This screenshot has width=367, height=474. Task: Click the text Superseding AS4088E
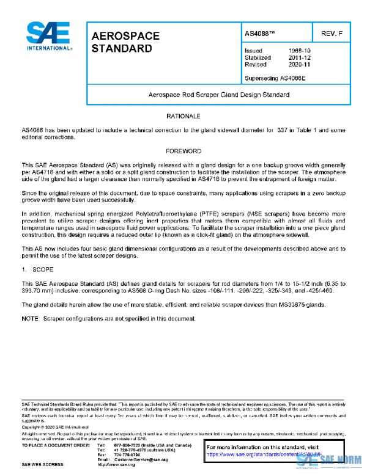click(274, 78)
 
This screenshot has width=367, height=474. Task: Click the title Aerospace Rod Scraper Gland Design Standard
click(219, 95)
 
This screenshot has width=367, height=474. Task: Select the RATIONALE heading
click(183, 116)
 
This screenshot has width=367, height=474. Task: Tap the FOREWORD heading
click(183, 150)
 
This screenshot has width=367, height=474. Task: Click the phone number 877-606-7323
click(126, 445)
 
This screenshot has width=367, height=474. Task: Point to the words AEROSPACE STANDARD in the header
click(125, 42)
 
